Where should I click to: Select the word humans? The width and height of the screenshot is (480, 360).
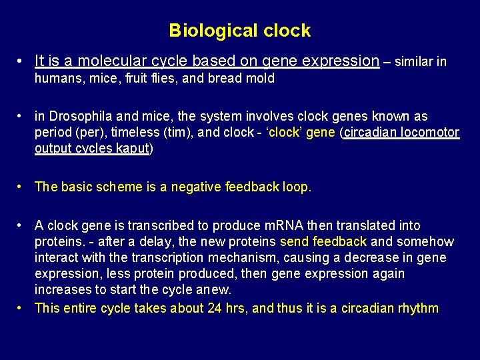point(57,79)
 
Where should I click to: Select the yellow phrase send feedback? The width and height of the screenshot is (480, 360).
point(323,242)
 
